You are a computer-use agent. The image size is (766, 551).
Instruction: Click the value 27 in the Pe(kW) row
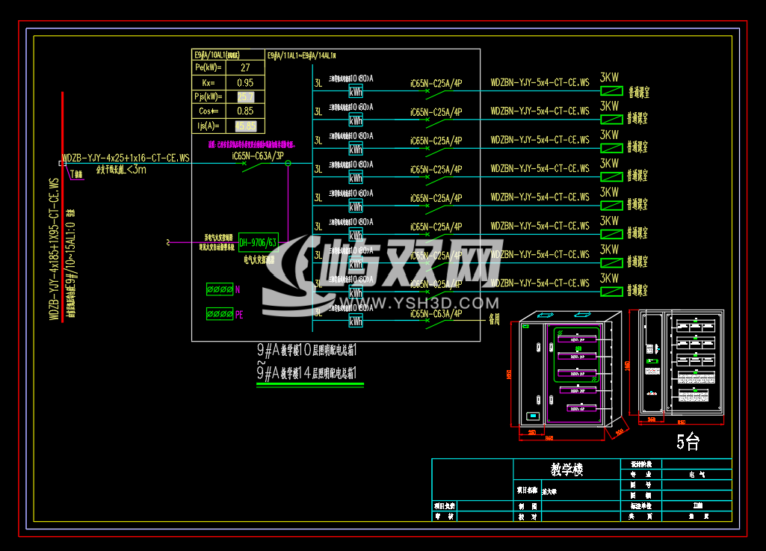[x=244, y=68]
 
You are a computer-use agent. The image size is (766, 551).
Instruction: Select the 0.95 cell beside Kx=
[x=244, y=82]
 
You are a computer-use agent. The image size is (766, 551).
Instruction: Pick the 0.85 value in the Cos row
[x=244, y=111]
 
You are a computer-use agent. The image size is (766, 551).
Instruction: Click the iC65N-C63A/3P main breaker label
[x=258, y=156]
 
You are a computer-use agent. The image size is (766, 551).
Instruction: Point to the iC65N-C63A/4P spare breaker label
[x=436, y=313]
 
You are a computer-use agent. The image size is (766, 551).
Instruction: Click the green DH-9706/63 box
[x=259, y=242]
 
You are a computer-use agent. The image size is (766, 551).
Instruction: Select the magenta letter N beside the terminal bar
[x=238, y=289]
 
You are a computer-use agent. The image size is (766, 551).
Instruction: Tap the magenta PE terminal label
[x=239, y=315]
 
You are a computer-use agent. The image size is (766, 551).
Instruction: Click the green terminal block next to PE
[x=220, y=314]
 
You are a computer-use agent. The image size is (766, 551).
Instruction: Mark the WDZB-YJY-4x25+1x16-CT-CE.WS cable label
[x=126, y=158]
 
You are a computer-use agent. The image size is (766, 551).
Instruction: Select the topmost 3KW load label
[x=610, y=78]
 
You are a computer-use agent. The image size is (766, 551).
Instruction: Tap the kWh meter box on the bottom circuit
[x=356, y=321]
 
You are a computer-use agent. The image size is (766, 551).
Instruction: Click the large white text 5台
[x=688, y=442]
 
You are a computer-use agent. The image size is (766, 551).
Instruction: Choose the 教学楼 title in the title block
[x=566, y=470]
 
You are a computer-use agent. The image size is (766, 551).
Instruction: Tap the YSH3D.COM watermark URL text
[x=433, y=303]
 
